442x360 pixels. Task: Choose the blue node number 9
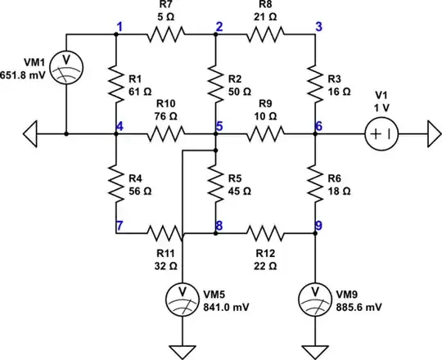point(318,225)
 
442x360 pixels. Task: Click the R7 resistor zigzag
point(165,34)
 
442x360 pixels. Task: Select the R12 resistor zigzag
point(265,233)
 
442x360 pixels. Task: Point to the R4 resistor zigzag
point(115,183)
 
